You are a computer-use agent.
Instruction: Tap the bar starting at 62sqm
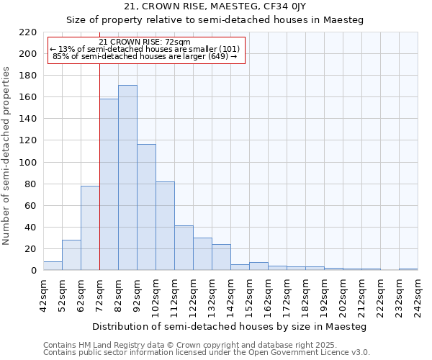(90, 228)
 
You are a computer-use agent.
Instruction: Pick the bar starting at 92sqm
(146, 207)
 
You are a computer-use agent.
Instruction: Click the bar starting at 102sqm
(165, 226)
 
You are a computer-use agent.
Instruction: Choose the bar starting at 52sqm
(71, 255)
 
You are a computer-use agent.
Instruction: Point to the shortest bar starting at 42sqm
(53, 266)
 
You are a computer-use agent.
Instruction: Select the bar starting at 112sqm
(184, 248)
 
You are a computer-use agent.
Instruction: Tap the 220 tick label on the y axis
(28, 32)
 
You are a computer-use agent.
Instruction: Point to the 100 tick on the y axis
(28, 163)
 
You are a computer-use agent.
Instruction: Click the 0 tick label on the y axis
(34, 271)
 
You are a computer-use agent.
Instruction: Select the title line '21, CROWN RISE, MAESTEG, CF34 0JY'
(215, 7)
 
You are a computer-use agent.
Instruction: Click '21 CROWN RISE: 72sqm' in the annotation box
(145, 42)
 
